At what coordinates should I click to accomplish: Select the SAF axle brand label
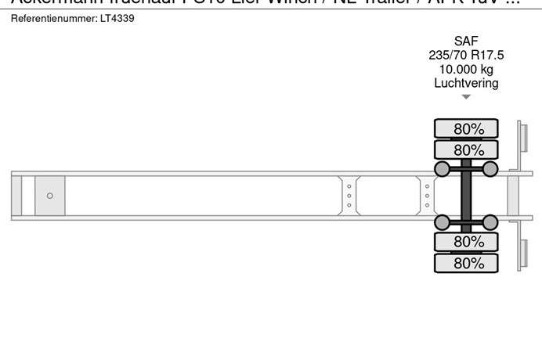point(466,41)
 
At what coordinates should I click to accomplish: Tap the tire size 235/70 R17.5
point(466,55)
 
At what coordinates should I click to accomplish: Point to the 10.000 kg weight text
point(466,69)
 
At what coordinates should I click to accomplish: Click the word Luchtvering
point(466,83)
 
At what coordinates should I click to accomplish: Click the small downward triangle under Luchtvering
point(466,97)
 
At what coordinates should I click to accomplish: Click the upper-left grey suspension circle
point(443,169)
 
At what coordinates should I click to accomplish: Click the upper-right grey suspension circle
point(490,169)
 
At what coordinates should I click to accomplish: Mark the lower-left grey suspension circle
point(443,222)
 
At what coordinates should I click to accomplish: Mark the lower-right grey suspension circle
point(490,222)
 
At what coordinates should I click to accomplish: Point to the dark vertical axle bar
point(466,196)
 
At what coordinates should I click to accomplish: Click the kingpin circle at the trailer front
point(50,196)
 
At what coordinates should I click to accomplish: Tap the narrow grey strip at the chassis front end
point(16,196)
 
